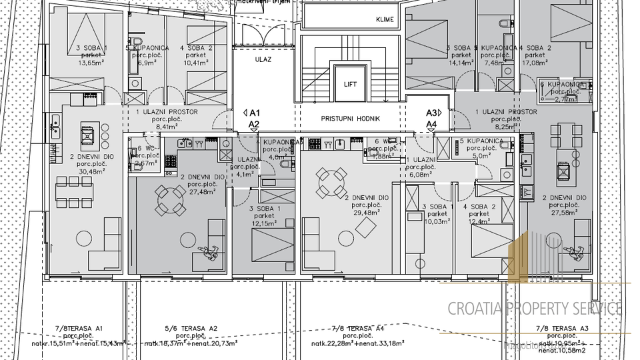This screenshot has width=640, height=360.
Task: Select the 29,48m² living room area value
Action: point(366,213)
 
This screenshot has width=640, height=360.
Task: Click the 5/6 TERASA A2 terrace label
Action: point(191,329)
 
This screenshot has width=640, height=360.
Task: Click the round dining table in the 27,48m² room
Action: point(169,197)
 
